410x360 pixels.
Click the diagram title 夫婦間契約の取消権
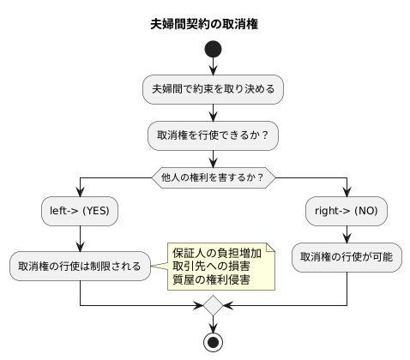tap(204, 24)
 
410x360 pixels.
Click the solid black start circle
tap(213, 51)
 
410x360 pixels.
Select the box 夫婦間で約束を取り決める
tap(213, 88)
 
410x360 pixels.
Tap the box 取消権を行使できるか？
tap(213, 135)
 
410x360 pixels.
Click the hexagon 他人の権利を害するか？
tap(213, 177)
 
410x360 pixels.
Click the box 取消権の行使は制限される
tap(80, 266)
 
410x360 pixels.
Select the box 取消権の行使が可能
tap(347, 256)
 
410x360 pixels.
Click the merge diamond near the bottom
tap(213, 305)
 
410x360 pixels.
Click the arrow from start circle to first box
tap(213, 68)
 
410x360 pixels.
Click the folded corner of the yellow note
tap(270, 246)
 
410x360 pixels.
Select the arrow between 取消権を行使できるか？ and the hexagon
tap(213, 158)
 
